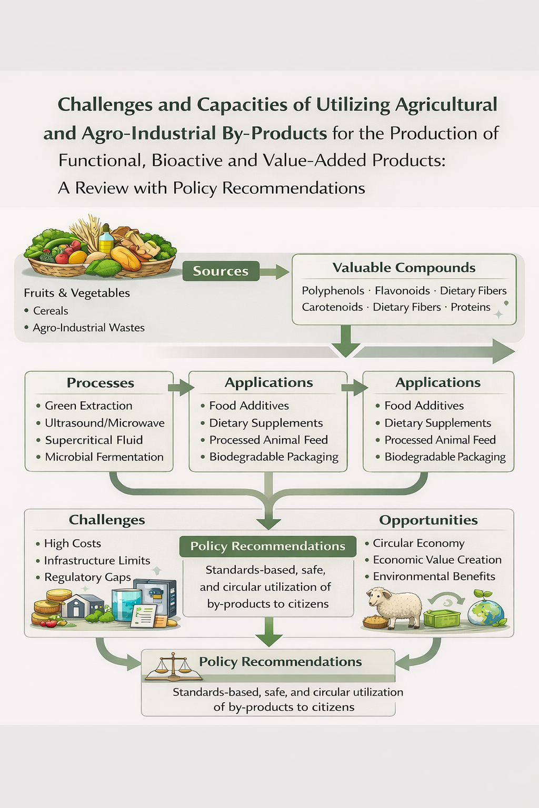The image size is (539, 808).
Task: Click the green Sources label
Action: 221,271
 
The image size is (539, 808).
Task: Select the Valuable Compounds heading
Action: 404,268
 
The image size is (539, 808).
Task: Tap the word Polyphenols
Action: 333,291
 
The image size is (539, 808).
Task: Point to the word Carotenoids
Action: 332,307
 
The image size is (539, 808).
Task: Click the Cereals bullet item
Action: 51,311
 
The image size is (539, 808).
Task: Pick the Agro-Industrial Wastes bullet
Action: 88,328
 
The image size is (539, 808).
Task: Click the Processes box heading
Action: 100,383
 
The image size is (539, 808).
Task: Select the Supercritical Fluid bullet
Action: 94,440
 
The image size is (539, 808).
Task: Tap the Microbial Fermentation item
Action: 104,457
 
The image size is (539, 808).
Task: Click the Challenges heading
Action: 107,520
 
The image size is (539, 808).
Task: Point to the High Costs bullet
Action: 73,543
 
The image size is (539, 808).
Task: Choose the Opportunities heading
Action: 428,520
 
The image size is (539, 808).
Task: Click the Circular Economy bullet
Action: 418,543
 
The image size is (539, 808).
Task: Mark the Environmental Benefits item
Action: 434,577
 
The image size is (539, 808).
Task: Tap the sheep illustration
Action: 394,608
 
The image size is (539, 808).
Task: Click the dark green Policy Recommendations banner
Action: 268,547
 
